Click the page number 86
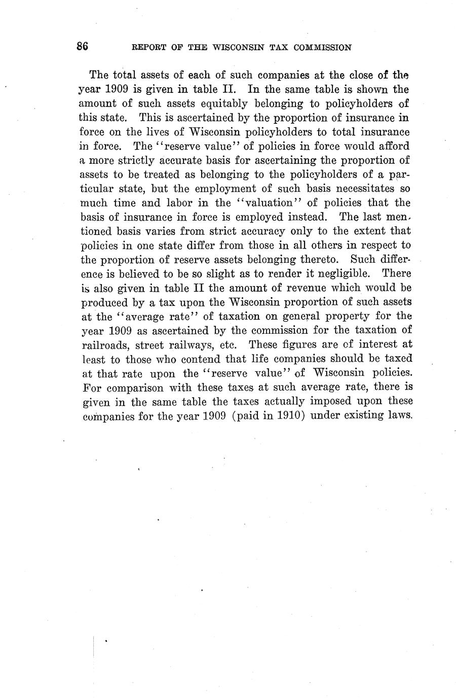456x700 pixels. click(x=83, y=46)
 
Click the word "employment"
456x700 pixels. click(x=201, y=188)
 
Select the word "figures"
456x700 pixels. click(x=289, y=344)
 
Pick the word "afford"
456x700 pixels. click(x=393, y=146)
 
